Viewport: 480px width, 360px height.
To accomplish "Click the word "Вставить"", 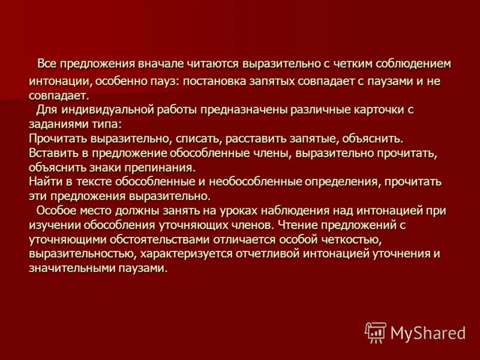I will (53, 153).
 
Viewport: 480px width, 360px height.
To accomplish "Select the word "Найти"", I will (45, 182).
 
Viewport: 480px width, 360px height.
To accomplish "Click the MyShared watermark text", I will (428, 332).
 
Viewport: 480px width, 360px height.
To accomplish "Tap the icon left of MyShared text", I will (376, 332).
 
